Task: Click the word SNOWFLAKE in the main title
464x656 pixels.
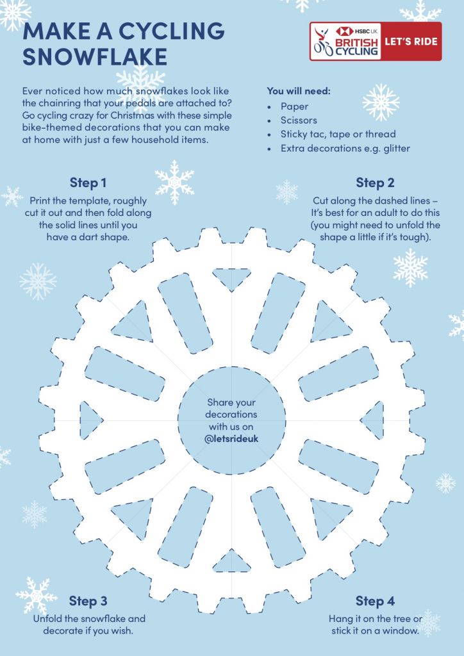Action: click(x=95, y=56)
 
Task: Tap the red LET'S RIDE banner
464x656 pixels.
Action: click(x=411, y=42)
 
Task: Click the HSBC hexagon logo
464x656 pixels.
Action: click(x=345, y=31)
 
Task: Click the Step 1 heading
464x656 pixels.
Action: click(x=88, y=183)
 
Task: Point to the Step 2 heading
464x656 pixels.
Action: click(x=376, y=183)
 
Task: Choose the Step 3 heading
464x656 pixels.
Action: click(x=88, y=601)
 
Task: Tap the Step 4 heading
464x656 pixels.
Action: click(x=376, y=601)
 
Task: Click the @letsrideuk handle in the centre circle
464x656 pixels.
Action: click(x=232, y=439)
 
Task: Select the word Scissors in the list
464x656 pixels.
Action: click(x=299, y=120)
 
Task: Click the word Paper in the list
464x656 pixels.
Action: click(x=295, y=107)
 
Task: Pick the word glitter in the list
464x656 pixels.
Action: click(x=395, y=149)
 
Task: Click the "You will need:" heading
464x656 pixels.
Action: click(x=299, y=91)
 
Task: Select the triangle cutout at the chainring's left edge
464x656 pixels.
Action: click(x=90, y=420)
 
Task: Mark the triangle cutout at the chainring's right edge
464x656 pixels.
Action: click(x=374, y=420)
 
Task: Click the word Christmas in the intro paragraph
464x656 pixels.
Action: click(x=132, y=115)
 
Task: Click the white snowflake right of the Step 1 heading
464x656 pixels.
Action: click(x=174, y=183)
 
